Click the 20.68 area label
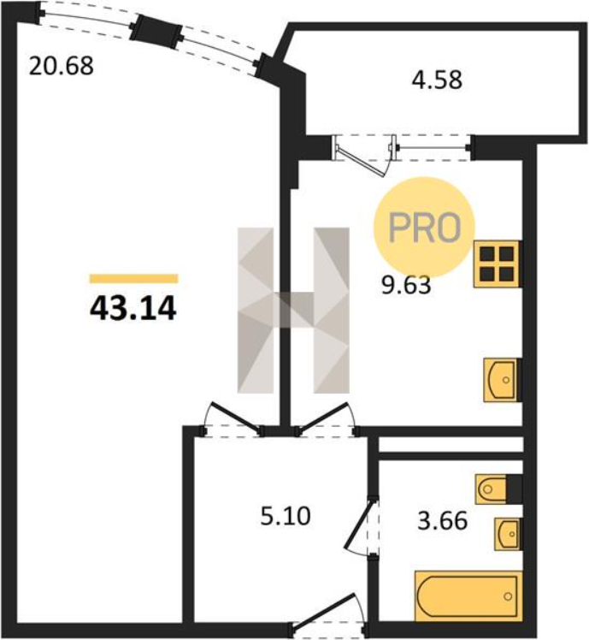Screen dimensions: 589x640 click(x=62, y=66)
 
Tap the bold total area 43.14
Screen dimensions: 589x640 click(x=133, y=309)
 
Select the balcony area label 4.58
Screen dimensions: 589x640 click(x=437, y=80)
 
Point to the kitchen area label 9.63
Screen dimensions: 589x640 click(x=406, y=285)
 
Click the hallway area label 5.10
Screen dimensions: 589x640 click(x=286, y=516)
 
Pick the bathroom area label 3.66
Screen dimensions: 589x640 click(x=443, y=521)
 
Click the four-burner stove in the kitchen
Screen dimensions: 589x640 click(x=497, y=264)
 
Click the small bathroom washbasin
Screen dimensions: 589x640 click(x=508, y=534)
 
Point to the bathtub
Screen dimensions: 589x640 click(x=468, y=596)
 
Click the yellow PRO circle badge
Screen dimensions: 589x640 click(x=424, y=228)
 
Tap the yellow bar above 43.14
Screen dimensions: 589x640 click(x=134, y=278)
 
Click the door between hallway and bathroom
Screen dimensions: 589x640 click(x=362, y=525)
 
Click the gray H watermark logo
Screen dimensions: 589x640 click(x=294, y=311)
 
